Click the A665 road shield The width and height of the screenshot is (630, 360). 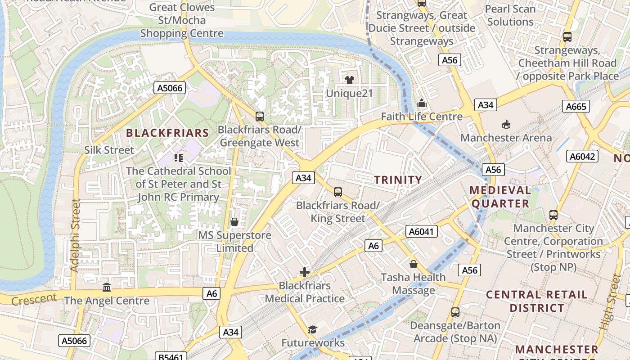tap(576, 106)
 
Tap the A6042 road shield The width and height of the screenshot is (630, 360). tap(582, 156)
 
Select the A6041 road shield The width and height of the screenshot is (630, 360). tap(421, 231)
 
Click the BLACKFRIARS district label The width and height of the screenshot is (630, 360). tap(167, 133)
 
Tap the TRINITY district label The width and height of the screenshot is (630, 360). tap(398, 180)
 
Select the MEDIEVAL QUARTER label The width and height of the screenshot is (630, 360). tap(500, 197)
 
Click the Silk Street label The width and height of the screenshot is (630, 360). tap(109, 150)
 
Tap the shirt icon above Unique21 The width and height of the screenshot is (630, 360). tap(349, 80)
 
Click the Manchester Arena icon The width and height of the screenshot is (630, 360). tap(506, 124)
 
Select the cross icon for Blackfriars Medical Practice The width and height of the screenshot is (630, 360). tap(305, 272)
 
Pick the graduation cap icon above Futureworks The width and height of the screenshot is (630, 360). tap(312, 329)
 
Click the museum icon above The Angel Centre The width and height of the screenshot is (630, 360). tap(107, 287)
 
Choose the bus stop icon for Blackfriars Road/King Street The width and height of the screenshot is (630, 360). tap(338, 192)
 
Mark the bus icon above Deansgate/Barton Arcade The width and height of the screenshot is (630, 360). tap(455, 312)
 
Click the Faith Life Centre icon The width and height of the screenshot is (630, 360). tap(421, 103)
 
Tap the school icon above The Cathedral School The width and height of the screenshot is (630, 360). tap(179, 157)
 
